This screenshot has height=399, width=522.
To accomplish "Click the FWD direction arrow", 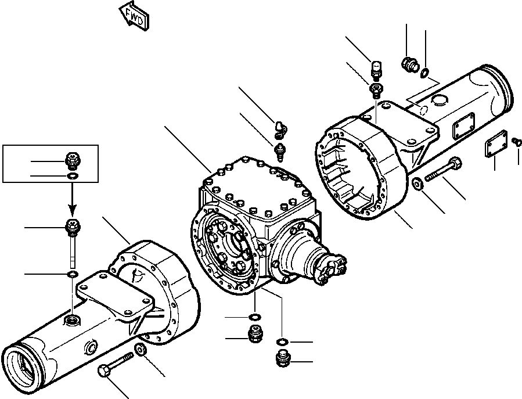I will [x=134, y=16].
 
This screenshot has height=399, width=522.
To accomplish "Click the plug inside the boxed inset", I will [x=73, y=160].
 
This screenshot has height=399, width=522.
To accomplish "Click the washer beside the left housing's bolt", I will [x=140, y=350].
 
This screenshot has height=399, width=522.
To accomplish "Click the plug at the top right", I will [x=409, y=64].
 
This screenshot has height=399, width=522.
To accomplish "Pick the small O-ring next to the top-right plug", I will [x=426, y=73].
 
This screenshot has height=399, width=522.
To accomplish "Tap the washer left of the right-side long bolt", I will [x=417, y=184].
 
